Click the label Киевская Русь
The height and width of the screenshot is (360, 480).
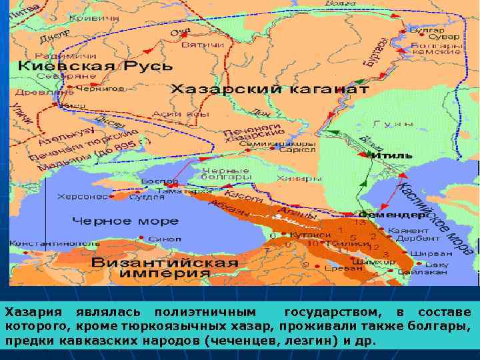tap(95, 66)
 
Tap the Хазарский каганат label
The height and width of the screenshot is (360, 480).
tap(270, 89)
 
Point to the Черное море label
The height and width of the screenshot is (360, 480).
tap(125, 221)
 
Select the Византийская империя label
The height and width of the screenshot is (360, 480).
tap(165, 268)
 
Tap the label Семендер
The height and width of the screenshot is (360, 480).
tap(393, 215)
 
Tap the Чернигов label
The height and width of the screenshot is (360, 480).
tap(101, 88)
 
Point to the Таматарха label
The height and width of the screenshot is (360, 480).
tap(182, 191)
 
